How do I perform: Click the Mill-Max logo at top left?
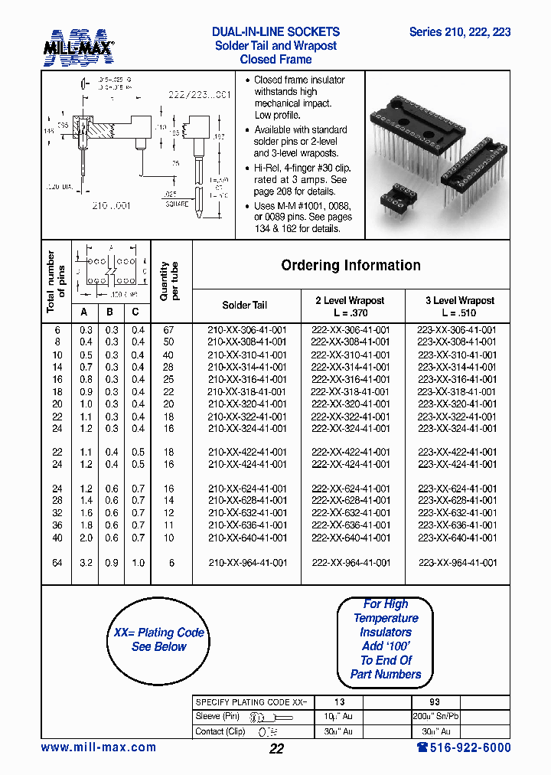coord(79,45)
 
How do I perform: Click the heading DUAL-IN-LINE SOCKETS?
coord(275,32)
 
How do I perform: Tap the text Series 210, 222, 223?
coord(460,32)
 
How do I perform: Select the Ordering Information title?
coord(350,266)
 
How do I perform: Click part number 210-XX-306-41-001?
coord(247,330)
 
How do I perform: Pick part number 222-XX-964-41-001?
coord(350,563)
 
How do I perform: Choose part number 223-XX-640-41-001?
coord(457,538)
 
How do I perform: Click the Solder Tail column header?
coord(245,305)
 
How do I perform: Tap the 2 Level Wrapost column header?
coord(350,306)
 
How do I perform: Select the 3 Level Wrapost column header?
coord(459,306)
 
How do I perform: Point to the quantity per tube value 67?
coord(168,330)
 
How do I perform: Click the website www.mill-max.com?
coord(99,747)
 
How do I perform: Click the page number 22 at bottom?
coord(276,749)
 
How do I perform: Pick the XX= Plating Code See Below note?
coord(159,639)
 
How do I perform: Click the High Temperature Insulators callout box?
coord(386,639)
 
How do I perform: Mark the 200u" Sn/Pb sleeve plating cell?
coord(434,716)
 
